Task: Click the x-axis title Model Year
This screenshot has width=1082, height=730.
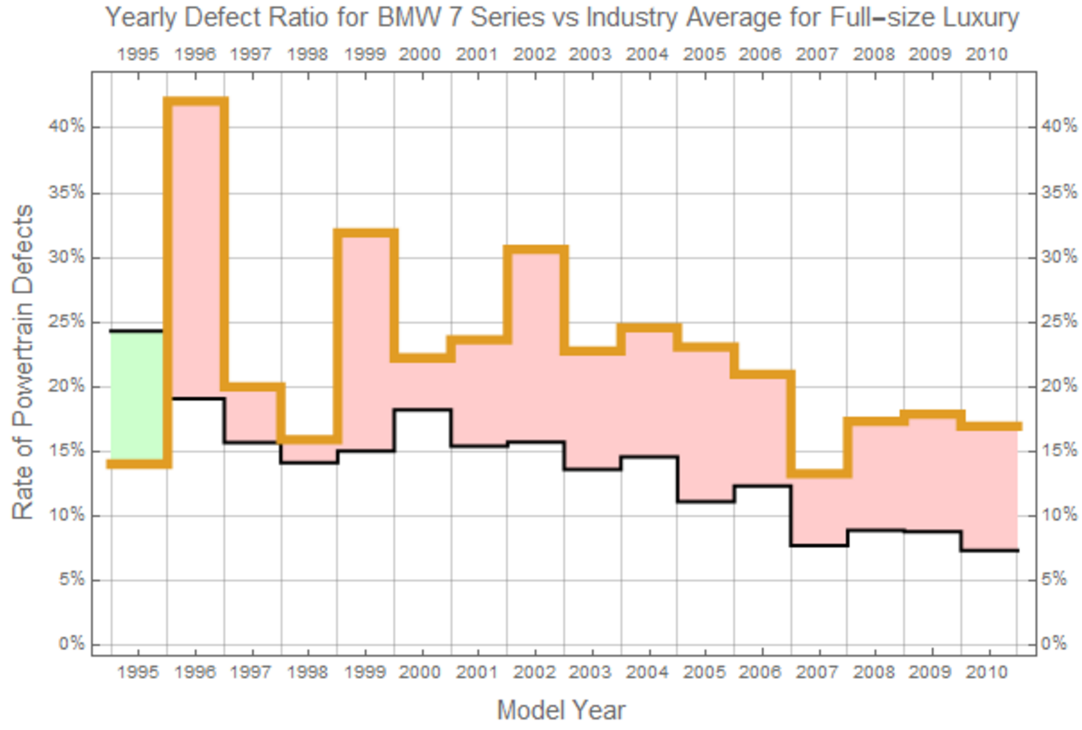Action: [x=561, y=710]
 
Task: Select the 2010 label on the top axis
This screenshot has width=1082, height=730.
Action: [x=987, y=54]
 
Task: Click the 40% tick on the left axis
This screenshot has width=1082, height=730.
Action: [x=71, y=127]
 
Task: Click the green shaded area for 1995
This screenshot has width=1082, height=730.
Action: [x=137, y=396]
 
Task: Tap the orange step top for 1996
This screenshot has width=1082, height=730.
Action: [x=195, y=102]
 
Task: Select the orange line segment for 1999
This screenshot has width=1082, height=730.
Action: [x=366, y=233]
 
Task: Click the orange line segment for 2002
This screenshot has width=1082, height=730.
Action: [x=536, y=250]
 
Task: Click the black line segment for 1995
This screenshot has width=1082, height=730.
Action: [x=137, y=331]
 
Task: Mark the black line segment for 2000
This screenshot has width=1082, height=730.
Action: [x=423, y=409]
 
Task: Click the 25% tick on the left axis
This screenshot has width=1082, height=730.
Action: [x=71, y=322]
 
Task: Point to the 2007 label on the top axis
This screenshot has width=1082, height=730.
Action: [x=818, y=54]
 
